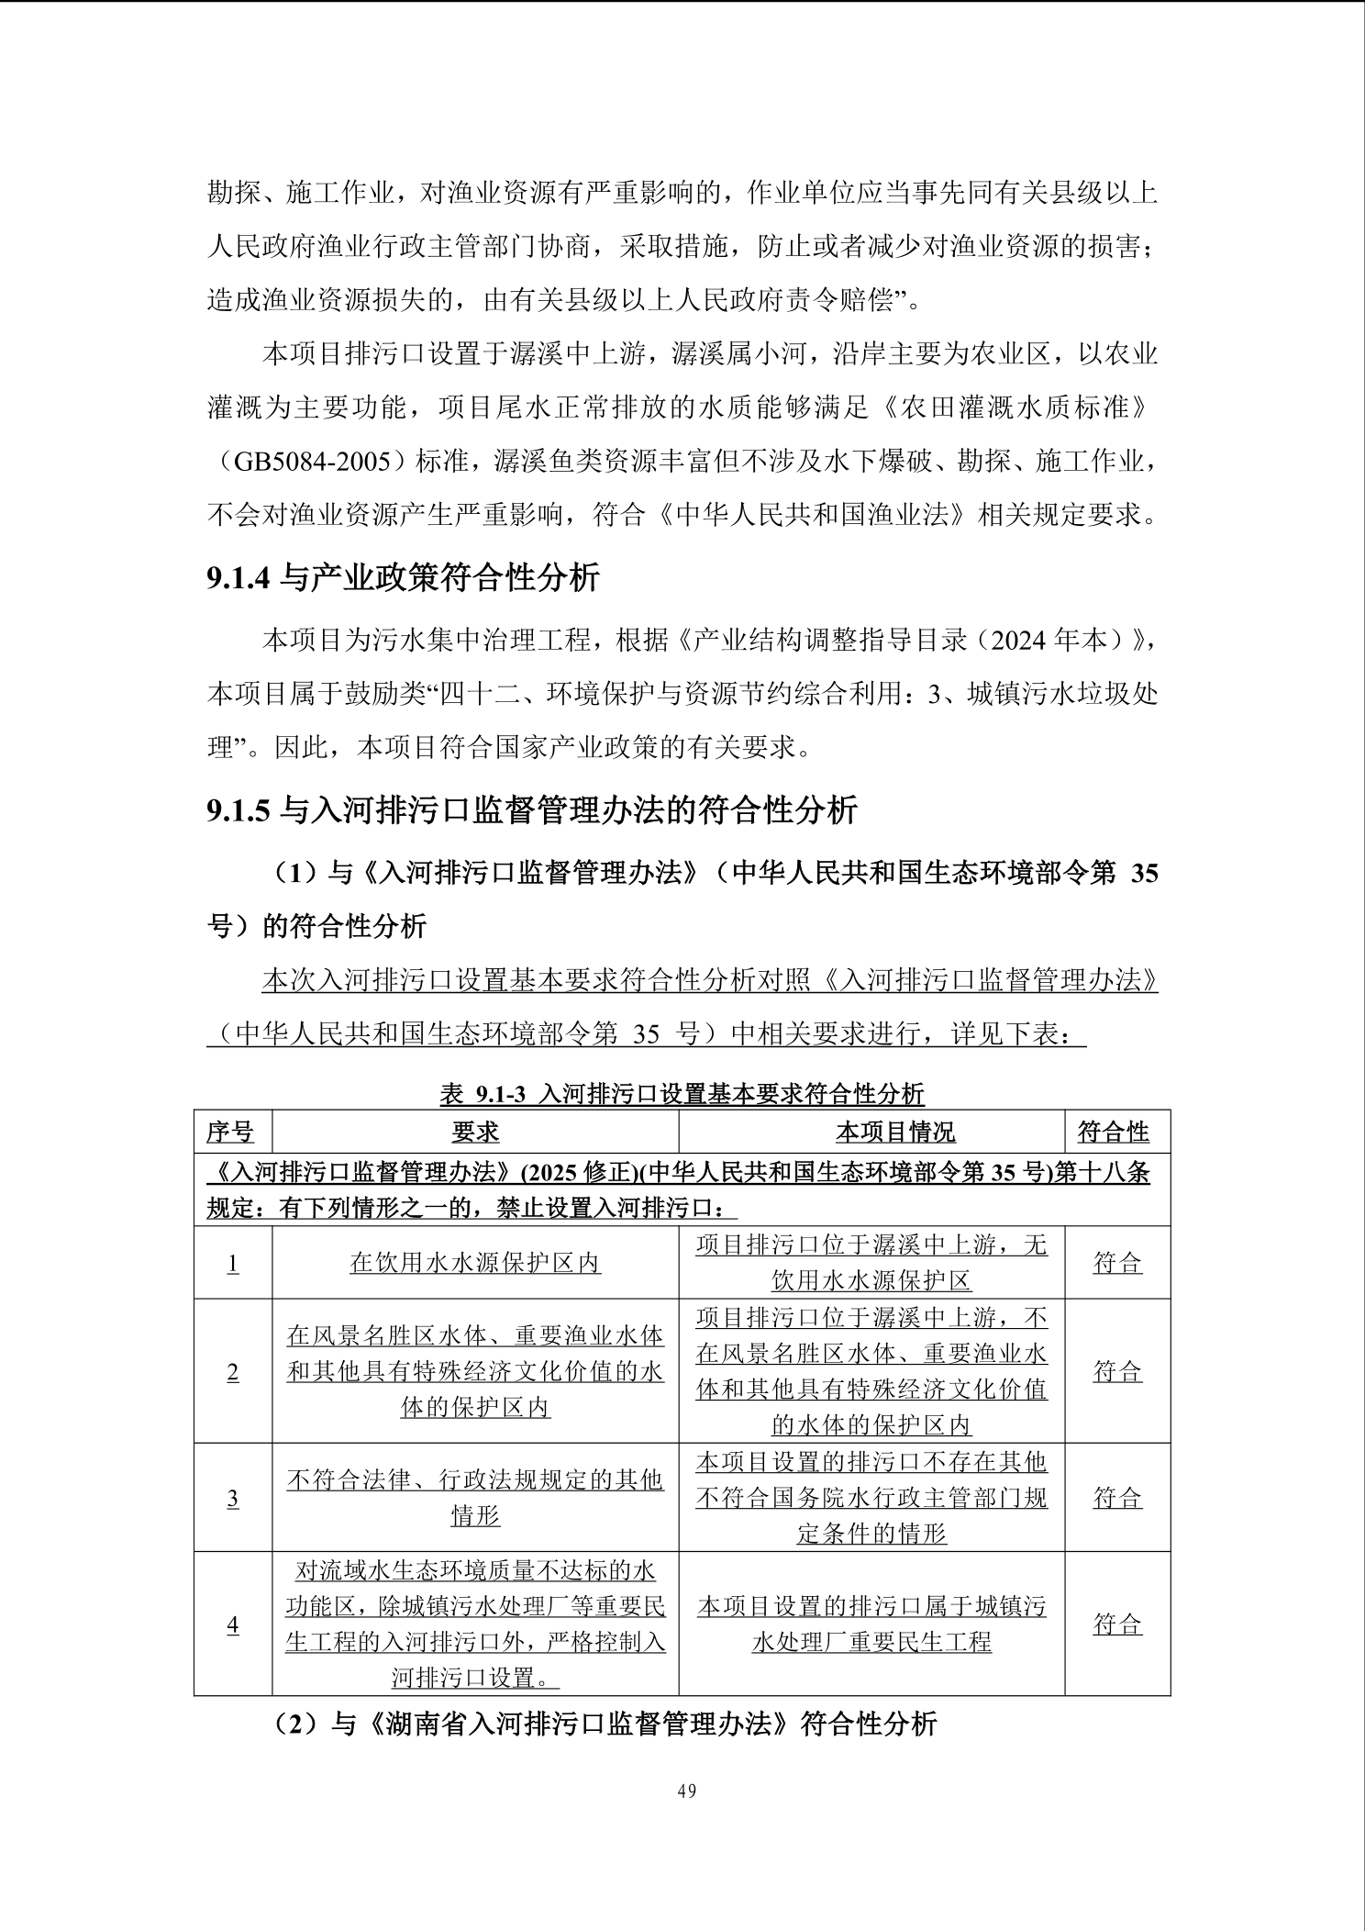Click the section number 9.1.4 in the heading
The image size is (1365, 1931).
point(239,577)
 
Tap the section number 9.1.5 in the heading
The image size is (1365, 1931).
point(239,810)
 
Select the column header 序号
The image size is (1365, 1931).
point(231,1132)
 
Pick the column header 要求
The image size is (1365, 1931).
point(475,1132)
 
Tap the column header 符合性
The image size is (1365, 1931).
point(1114,1132)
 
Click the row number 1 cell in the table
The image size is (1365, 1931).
point(232,1263)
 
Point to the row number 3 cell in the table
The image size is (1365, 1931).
point(232,1498)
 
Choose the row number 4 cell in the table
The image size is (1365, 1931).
point(232,1624)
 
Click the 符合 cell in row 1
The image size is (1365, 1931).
point(1117,1263)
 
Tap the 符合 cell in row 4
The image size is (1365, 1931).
point(1117,1624)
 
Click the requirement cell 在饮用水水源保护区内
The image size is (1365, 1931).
point(475,1263)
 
